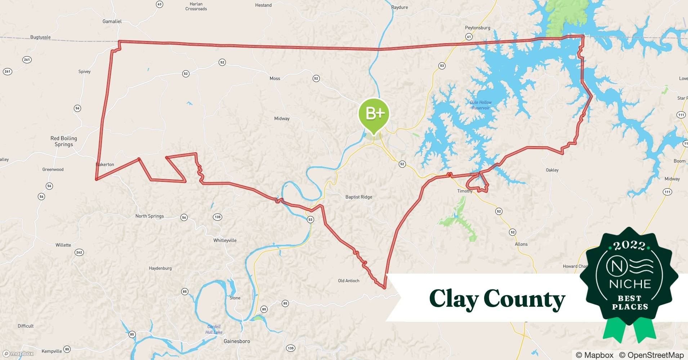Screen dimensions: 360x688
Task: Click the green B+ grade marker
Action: (374, 114)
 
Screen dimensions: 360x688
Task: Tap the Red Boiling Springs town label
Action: (64, 141)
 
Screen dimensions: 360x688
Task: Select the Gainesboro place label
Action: (237, 341)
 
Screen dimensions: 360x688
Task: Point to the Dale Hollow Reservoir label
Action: (481, 105)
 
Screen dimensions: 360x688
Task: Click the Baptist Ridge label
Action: (358, 197)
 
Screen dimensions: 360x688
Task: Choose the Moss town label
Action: (275, 78)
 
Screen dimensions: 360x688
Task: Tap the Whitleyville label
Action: (225, 240)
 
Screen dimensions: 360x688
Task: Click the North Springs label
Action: (149, 216)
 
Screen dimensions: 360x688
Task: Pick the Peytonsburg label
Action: (477, 28)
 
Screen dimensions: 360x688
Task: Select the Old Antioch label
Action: (348, 281)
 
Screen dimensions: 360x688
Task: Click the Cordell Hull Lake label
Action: (214, 329)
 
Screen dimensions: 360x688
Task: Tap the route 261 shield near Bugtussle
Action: (27, 60)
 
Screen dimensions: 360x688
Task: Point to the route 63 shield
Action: (159, 4)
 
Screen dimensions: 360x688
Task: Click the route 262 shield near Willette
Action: (79, 252)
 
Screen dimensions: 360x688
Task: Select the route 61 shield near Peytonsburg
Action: (469, 37)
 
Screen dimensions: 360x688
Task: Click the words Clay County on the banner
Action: (497, 299)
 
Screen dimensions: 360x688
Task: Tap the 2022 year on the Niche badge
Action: (629, 246)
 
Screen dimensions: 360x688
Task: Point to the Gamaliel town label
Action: (112, 21)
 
